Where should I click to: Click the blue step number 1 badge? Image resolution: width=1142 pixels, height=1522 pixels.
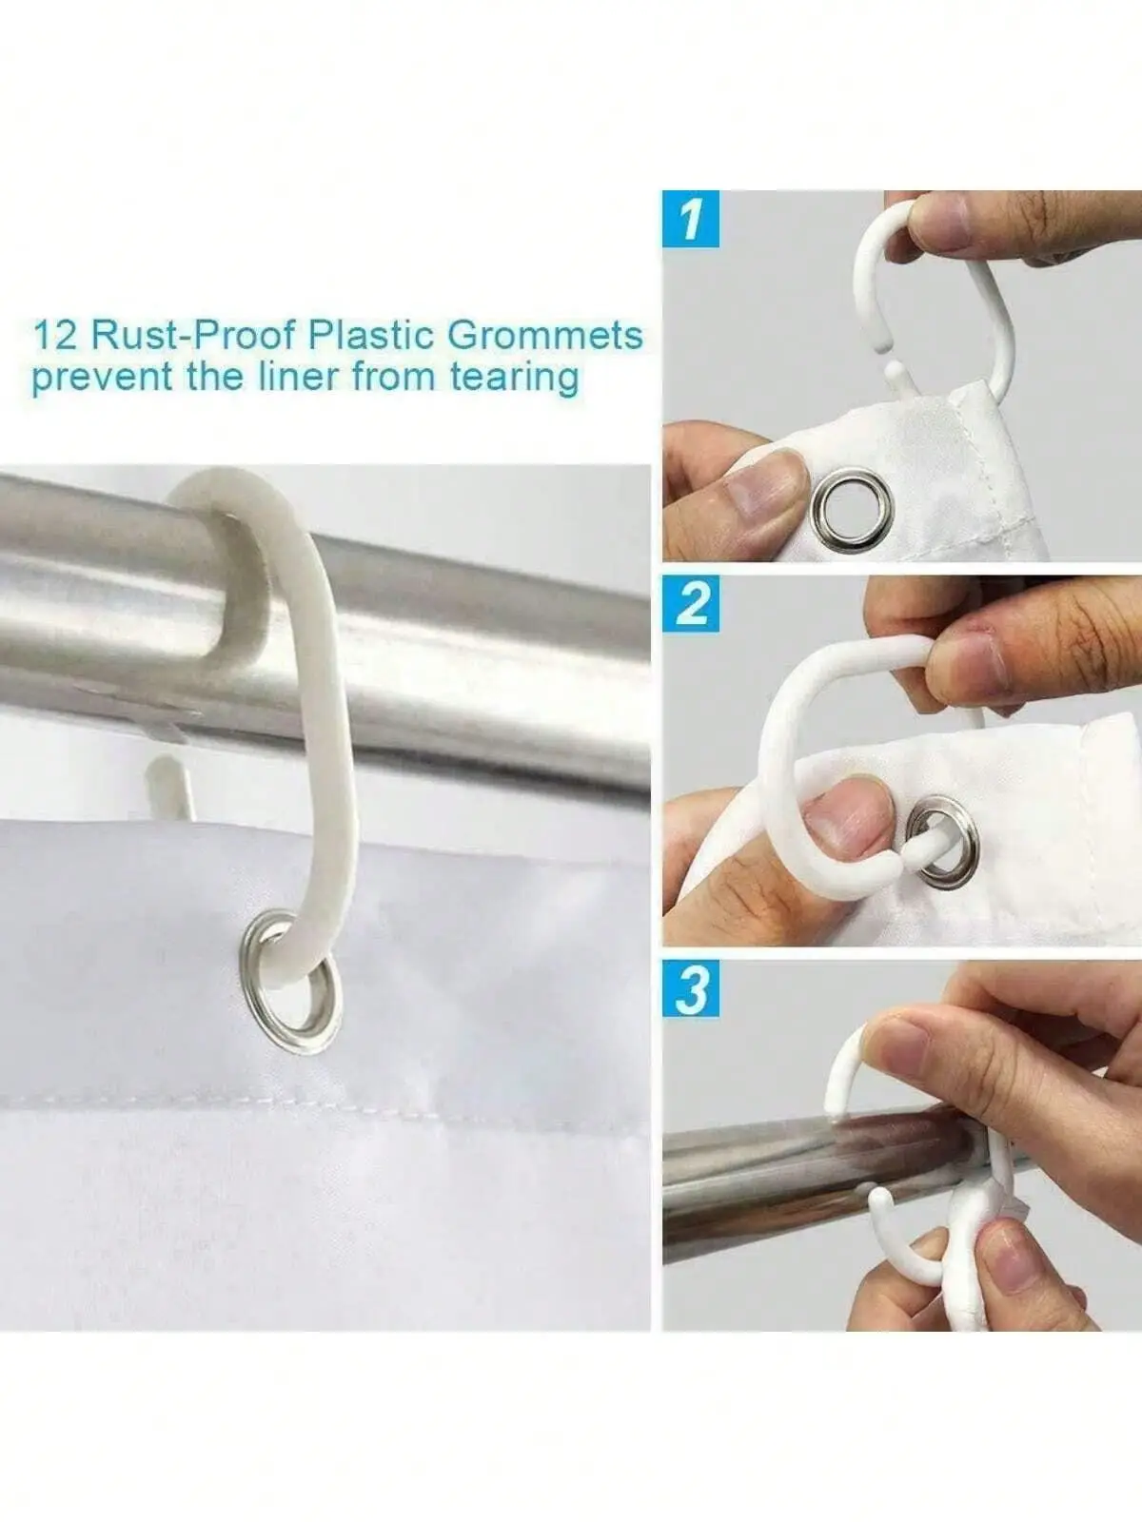(691, 219)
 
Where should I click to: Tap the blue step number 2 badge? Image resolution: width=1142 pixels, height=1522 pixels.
(691, 604)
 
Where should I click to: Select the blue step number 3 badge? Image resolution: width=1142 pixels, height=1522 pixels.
(691, 988)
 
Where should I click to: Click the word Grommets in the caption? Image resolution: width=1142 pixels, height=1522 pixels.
(545, 336)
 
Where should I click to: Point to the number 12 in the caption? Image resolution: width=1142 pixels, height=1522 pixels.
(57, 336)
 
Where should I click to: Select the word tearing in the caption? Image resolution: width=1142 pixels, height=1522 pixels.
(514, 379)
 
